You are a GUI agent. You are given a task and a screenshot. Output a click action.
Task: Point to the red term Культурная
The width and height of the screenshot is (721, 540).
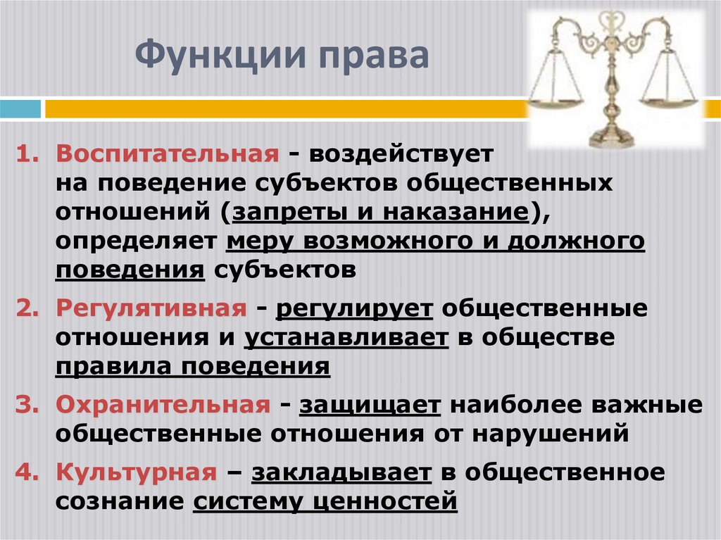(x=136, y=472)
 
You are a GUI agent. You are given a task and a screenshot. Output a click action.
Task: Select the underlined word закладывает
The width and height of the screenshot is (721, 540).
(x=341, y=472)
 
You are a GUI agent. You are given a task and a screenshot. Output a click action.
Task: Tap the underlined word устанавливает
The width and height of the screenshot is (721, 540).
(x=346, y=337)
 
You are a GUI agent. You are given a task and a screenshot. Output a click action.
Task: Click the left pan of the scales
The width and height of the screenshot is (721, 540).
(x=556, y=99)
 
